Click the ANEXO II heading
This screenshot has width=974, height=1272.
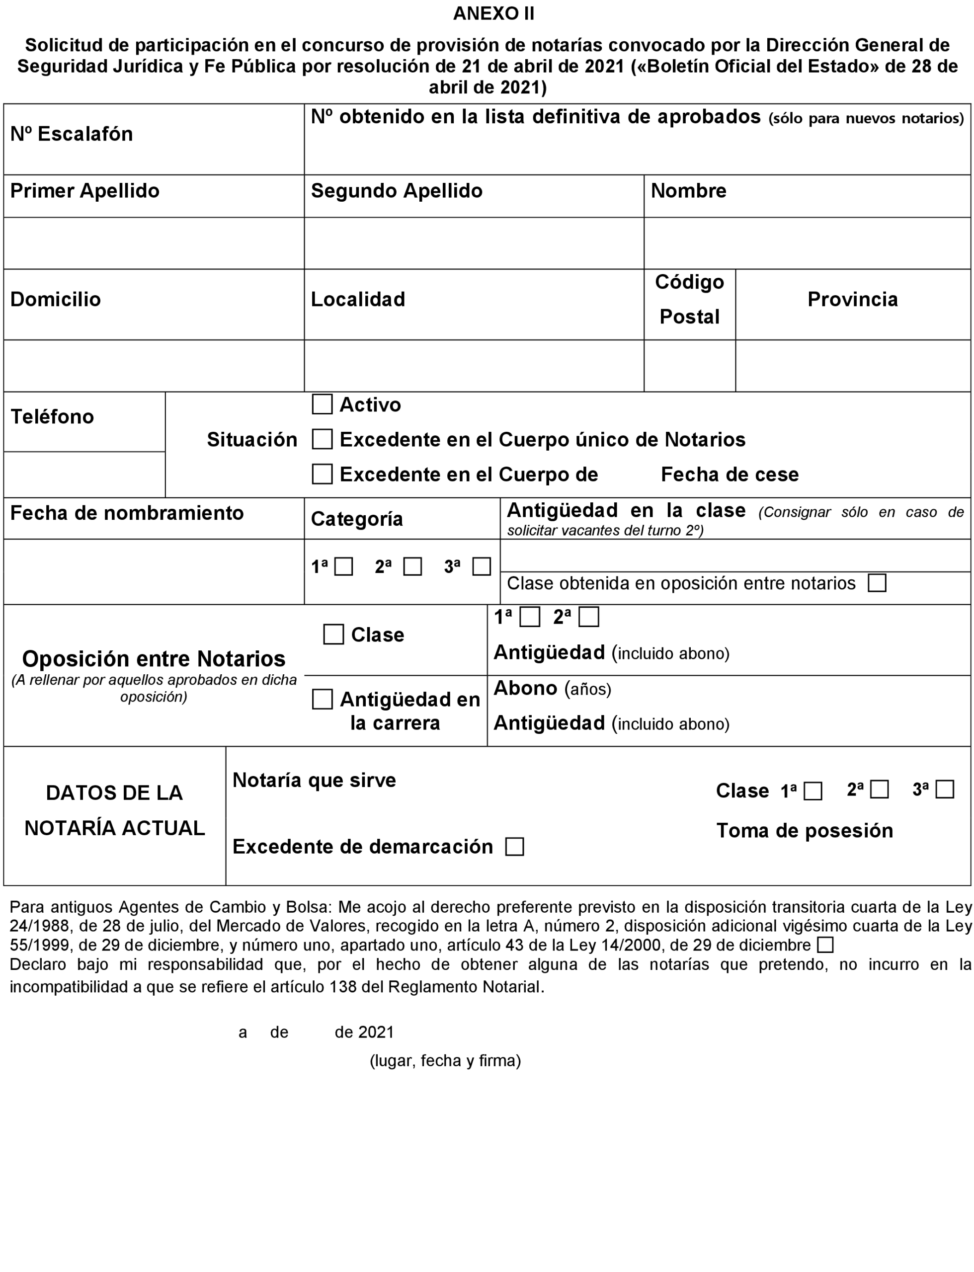[x=493, y=13]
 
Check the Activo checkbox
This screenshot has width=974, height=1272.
[x=323, y=404]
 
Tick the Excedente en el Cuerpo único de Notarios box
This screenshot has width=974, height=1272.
[x=323, y=439]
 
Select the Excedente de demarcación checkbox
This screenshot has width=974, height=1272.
[x=514, y=847]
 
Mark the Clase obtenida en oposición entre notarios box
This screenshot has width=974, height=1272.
[x=877, y=583]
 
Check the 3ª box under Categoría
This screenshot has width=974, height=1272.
[x=481, y=566]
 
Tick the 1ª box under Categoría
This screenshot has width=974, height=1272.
[x=344, y=566]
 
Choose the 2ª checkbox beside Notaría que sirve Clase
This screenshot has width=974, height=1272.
[x=880, y=790]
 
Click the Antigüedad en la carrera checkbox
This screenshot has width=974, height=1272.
[x=323, y=699]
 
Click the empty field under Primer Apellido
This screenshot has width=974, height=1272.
[x=154, y=243]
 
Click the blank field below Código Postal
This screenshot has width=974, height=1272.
[x=689, y=366]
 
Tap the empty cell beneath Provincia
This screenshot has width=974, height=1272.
[x=853, y=366]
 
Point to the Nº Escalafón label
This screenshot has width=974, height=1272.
[x=72, y=134]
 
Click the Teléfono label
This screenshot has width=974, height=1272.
[x=52, y=416]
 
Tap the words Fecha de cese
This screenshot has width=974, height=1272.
[x=730, y=474]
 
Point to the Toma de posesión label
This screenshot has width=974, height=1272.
[x=804, y=830]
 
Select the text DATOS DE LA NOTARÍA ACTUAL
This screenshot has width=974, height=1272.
[x=115, y=810]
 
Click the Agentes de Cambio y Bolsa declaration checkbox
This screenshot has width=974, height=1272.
[x=825, y=945]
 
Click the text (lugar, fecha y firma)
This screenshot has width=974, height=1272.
[x=445, y=1060]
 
